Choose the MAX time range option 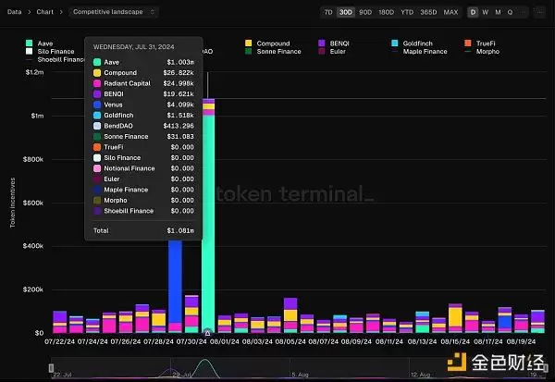[450, 12]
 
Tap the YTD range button [407, 12]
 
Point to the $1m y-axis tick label [37, 116]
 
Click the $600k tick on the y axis [33, 203]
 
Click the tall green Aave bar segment [208, 222]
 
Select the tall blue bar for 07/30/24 [175, 277]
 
